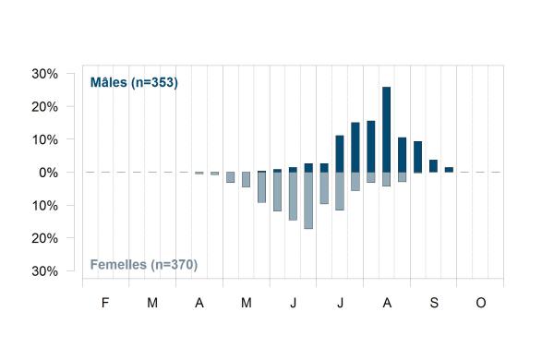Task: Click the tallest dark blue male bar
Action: click(387, 129)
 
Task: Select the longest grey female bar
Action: click(308, 200)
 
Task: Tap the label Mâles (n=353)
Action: click(134, 82)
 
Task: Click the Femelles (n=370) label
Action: click(144, 265)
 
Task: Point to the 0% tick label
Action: click(48, 173)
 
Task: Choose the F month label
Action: click(105, 303)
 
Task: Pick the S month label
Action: click(434, 303)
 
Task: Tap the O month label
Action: click(481, 303)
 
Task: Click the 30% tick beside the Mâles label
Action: click(45, 74)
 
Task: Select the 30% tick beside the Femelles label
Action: click(45, 271)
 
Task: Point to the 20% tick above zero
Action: click(45, 107)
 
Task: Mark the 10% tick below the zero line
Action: click(45, 206)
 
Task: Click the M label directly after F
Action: click(152, 303)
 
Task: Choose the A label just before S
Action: click(387, 303)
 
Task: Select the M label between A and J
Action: click(247, 303)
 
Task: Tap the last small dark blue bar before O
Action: click(449, 170)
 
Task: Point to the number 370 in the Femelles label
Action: click(183, 265)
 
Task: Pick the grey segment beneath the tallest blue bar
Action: click(387, 179)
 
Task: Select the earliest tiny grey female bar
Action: click(199, 174)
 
